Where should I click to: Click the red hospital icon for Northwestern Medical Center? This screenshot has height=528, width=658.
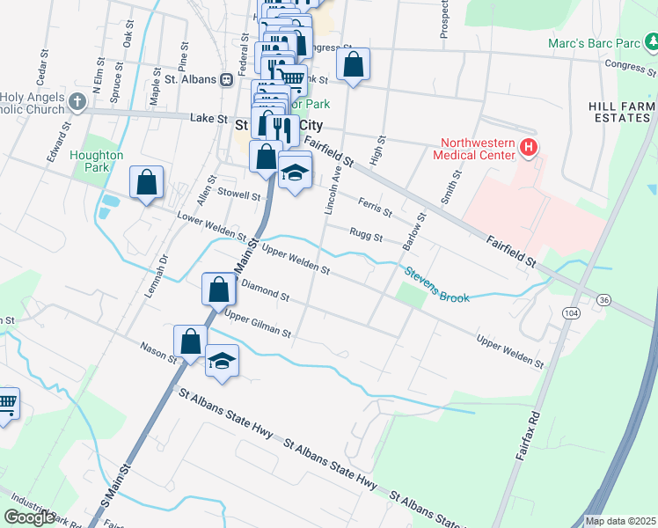528,148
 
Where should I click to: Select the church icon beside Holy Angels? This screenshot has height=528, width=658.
77,101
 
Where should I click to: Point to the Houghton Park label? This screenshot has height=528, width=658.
97,161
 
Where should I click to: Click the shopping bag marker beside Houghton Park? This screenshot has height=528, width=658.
147,183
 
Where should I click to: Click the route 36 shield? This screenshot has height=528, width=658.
602,300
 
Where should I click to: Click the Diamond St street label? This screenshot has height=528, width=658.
266,291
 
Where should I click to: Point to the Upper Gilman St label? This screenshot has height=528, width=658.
257,324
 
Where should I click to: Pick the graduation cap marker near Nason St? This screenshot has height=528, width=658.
223,362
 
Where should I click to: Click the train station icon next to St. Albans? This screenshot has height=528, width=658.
227,79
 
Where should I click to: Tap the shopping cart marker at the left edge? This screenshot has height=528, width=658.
6,404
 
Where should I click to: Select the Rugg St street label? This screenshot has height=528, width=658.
366,237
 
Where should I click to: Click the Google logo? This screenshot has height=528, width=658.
29,517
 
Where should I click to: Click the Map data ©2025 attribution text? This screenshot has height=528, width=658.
620,521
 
